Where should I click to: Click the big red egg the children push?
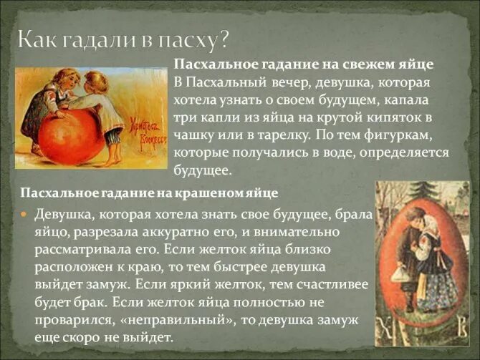tap(71, 135)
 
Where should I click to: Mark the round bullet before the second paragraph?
tap(25, 214)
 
